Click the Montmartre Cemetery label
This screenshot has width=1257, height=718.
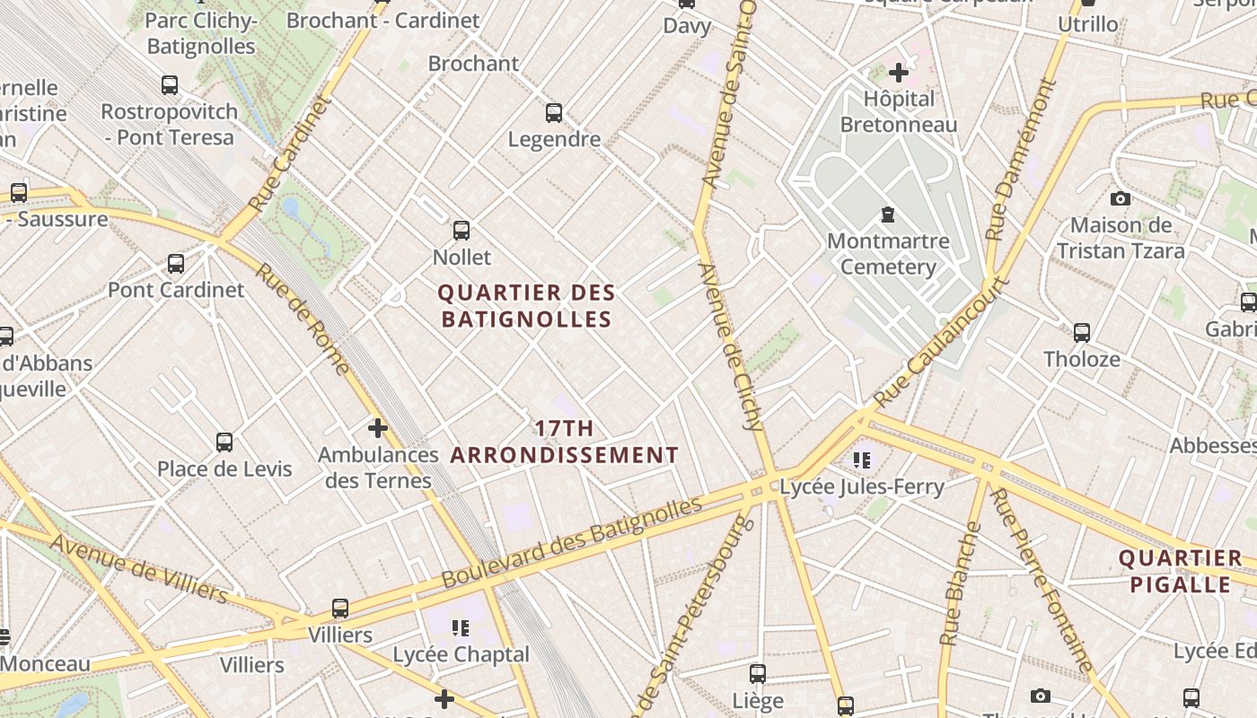coord(888,254)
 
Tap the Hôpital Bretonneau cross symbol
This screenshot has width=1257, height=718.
coord(899,73)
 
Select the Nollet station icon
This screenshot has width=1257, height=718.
coord(461,231)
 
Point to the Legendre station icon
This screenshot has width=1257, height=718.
coord(554,113)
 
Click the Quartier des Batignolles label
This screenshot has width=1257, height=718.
coord(527,306)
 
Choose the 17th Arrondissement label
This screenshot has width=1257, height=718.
coord(565,442)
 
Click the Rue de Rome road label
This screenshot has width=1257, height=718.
coord(303,319)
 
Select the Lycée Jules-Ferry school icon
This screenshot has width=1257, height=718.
coord(863,460)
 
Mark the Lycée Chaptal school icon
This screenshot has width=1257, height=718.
coord(461,627)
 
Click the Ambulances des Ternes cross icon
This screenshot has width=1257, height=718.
coord(378,428)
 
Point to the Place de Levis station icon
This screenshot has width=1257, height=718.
coord(224,442)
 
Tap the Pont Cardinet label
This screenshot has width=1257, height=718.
coord(176,290)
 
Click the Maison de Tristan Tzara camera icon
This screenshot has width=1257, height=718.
coord(1121,198)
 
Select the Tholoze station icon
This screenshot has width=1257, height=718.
coord(1082,333)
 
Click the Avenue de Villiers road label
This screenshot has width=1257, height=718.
coord(139,568)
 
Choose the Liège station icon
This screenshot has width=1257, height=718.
coord(758,673)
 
